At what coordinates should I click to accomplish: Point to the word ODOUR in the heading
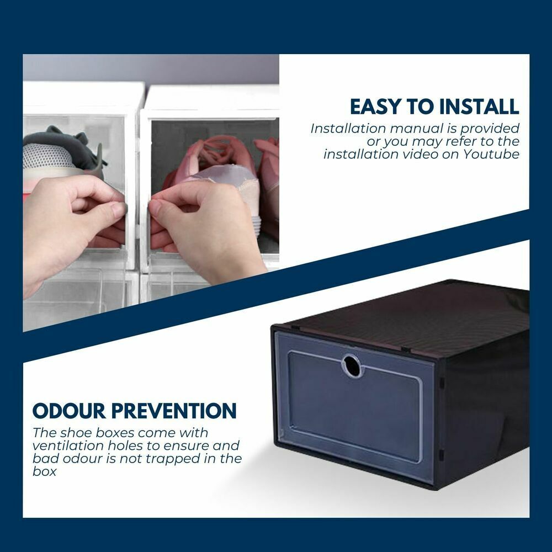coord(70,411)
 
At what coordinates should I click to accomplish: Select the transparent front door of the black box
coord(353,408)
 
